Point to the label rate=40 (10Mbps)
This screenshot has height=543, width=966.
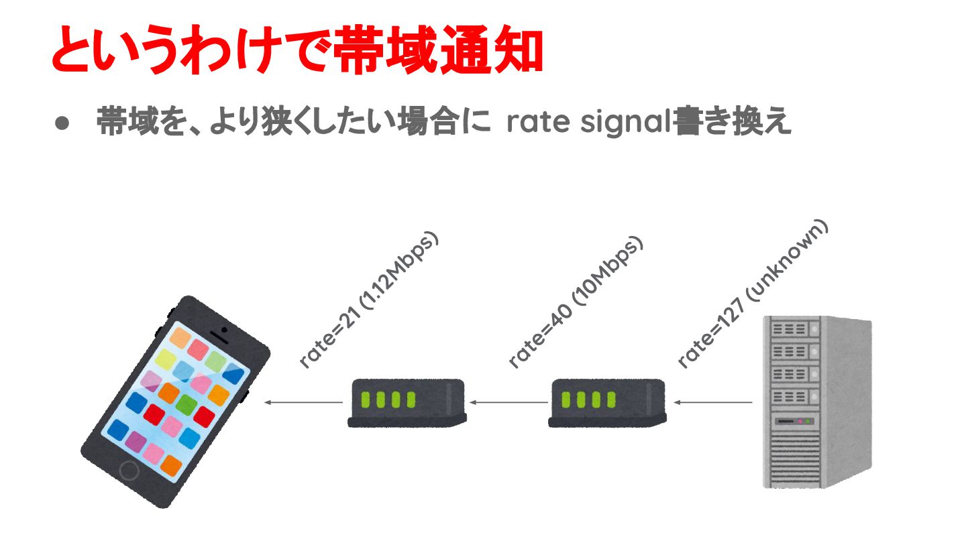coord(576,302)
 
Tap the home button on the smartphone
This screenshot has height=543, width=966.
coord(128,470)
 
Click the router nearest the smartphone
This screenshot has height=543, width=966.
coord(407,403)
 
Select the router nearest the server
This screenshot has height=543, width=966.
coord(608,403)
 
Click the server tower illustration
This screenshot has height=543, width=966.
coord(817,402)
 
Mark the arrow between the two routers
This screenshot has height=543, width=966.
coord(508,403)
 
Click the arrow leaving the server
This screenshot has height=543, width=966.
coord(712,403)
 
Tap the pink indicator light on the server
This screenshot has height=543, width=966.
coord(799,421)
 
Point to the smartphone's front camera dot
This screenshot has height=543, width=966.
coord(223,329)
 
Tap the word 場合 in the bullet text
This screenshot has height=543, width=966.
coord(430,123)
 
